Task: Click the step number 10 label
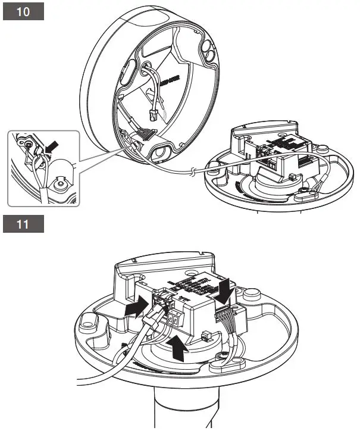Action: coord(23,13)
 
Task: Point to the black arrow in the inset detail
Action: coord(52,146)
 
